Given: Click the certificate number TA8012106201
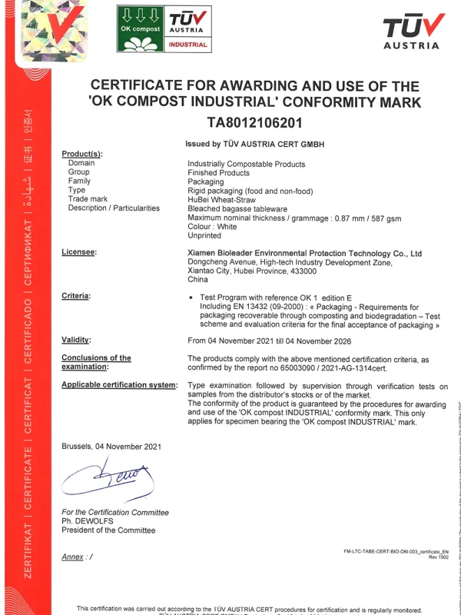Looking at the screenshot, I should tap(255, 122).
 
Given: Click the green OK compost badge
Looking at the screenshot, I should tap(141, 28).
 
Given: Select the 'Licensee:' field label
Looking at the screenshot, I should tap(79, 253).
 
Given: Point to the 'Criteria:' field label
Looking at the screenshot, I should tap(76, 296).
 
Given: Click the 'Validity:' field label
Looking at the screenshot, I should tap(77, 339).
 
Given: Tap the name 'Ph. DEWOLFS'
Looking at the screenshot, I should tap(88, 521).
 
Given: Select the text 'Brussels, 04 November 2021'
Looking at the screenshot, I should tap(111, 446).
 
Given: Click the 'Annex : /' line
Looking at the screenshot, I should tap(77, 557).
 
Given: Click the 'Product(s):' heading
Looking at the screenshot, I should tap(81, 155).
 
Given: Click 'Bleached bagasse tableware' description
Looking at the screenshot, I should tap(237, 208).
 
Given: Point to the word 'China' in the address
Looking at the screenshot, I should tap(198, 280).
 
